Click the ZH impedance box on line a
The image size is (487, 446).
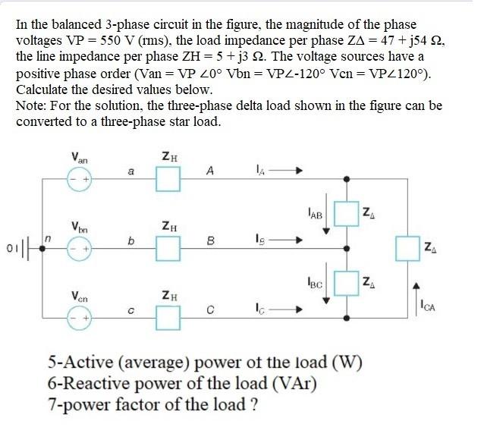pyautogui.click(x=169, y=180)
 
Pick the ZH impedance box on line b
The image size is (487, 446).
pyautogui.click(x=169, y=247)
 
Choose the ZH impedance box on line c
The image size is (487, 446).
pyautogui.click(x=169, y=316)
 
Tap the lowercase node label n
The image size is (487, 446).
pyautogui.click(x=47, y=238)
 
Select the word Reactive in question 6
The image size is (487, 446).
pyautogui.click(x=91, y=384)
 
